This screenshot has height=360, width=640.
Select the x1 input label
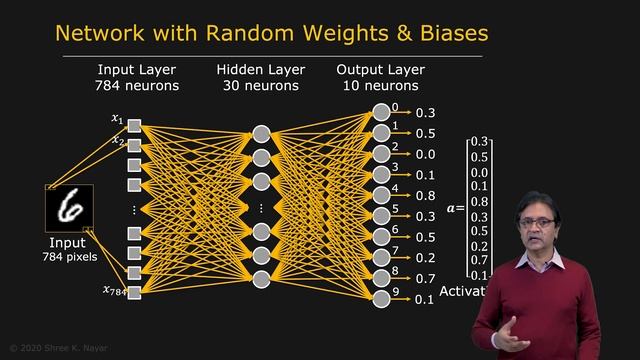pyautogui.click(x=117, y=119)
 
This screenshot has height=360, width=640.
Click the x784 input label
pyautogui.click(x=114, y=291)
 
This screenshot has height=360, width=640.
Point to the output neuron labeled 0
pyautogui.click(x=380, y=112)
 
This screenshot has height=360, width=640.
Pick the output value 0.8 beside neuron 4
pyautogui.click(x=425, y=196)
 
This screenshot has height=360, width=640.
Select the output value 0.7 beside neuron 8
pyautogui.click(x=425, y=279)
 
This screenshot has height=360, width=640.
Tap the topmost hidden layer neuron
pyautogui.click(x=261, y=134)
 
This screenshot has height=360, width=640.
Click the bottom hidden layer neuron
pyautogui.click(x=261, y=279)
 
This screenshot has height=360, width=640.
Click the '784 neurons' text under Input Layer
pyautogui.click(x=137, y=86)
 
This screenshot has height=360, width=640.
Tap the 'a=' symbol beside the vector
pyautogui.click(x=456, y=208)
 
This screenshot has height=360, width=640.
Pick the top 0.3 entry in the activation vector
pyautogui.click(x=479, y=142)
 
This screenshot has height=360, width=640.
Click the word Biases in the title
pyautogui.click(x=448, y=33)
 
